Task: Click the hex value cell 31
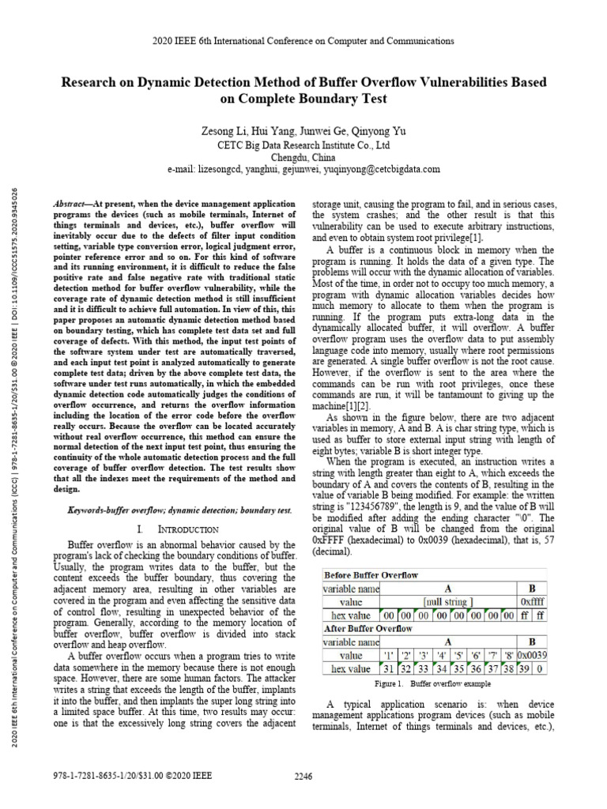(389, 669)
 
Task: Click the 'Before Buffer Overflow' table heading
(371, 574)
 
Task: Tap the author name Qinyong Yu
(392, 130)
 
